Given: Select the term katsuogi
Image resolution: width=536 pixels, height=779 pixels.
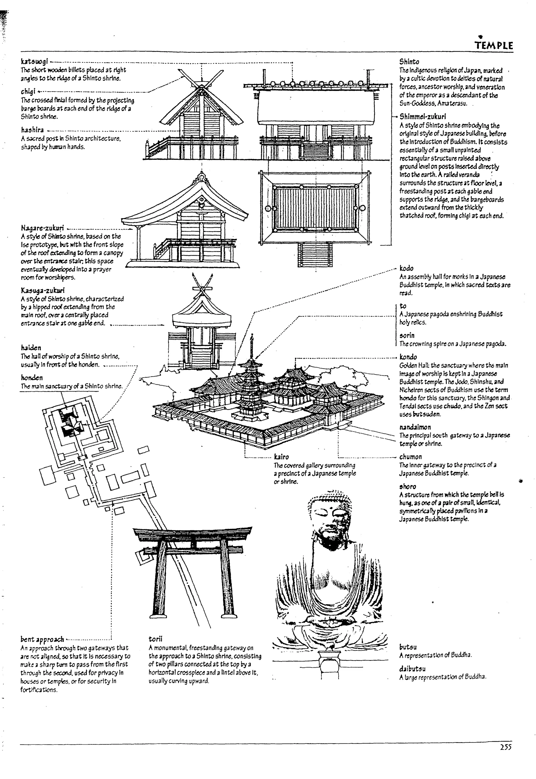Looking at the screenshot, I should pyautogui.click(x=34, y=62).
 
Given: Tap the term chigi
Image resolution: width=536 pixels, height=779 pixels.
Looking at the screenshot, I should pyautogui.click(x=28, y=91).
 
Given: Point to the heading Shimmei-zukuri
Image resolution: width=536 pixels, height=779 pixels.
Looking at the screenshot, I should pyautogui.click(x=422, y=117).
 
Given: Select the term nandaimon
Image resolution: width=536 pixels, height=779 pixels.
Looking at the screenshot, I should pyautogui.click(x=415, y=427).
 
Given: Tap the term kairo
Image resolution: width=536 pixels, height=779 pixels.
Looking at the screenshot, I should pyautogui.click(x=281, y=456).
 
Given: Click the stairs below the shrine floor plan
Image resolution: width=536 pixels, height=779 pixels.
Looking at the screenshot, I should pyautogui.click(x=315, y=254).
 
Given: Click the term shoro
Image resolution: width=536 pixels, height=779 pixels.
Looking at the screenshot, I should pyautogui.click(x=407, y=487).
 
